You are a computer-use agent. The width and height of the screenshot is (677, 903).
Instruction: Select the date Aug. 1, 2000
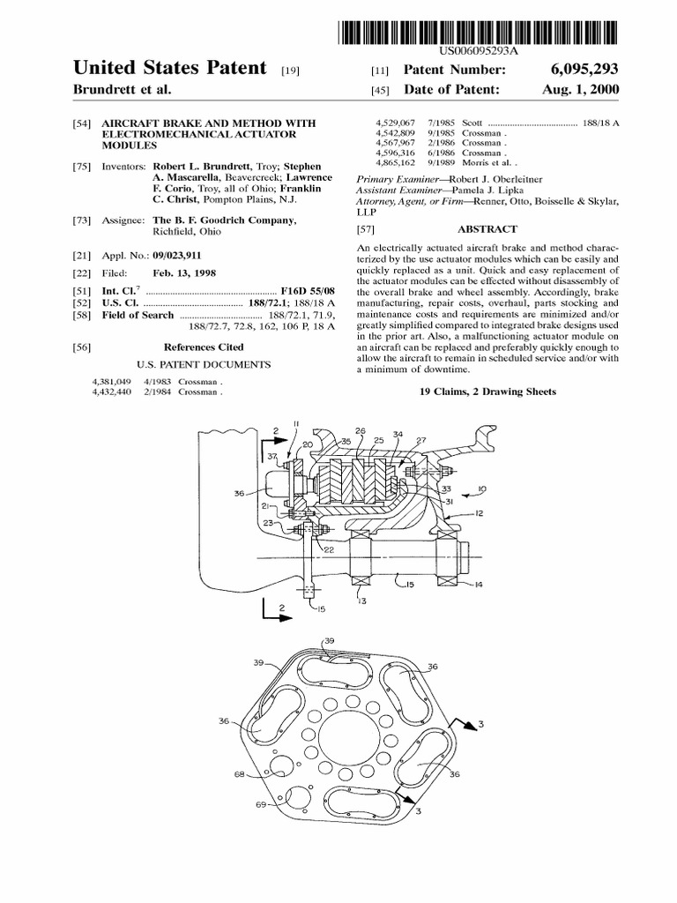coord(579,90)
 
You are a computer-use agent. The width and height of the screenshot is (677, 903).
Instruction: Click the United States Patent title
coord(169,68)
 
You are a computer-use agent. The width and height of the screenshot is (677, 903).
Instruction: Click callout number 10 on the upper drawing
coord(484,487)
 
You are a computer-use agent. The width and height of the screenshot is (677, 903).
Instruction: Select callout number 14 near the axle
coord(479,585)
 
